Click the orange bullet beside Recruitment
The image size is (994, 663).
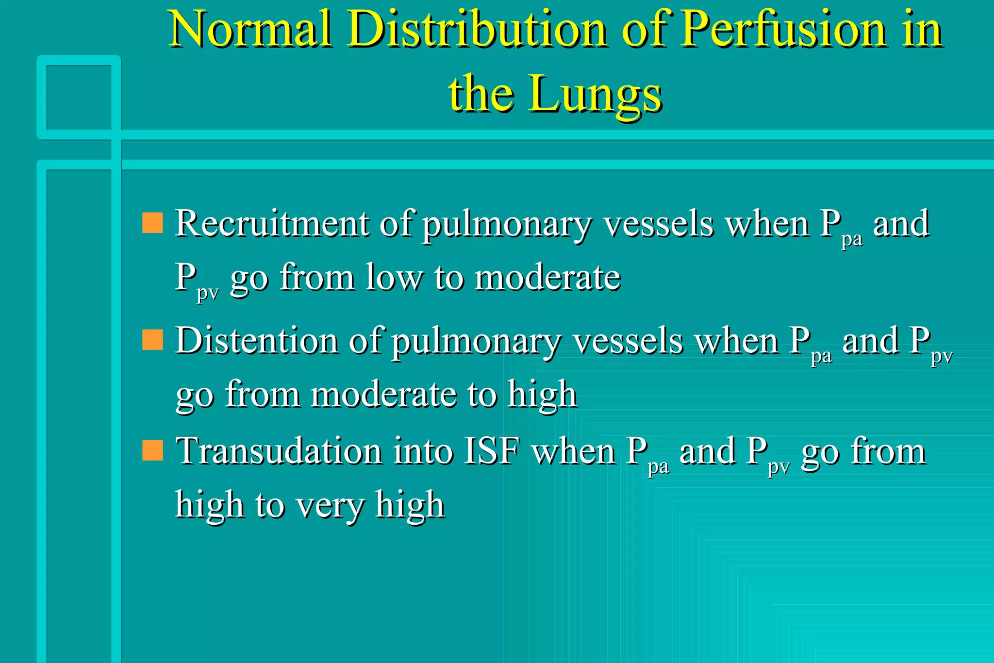[x=152, y=223]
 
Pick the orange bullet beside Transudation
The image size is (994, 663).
[x=152, y=450]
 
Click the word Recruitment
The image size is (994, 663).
[x=272, y=224]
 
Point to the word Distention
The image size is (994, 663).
[x=257, y=340]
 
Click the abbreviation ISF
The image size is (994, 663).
[x=492, y=451]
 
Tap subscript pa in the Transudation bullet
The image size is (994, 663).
[x=658, y=466]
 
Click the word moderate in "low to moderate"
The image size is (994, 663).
[x=547, y=278]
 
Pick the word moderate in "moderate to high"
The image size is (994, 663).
[x=383, y=394]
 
